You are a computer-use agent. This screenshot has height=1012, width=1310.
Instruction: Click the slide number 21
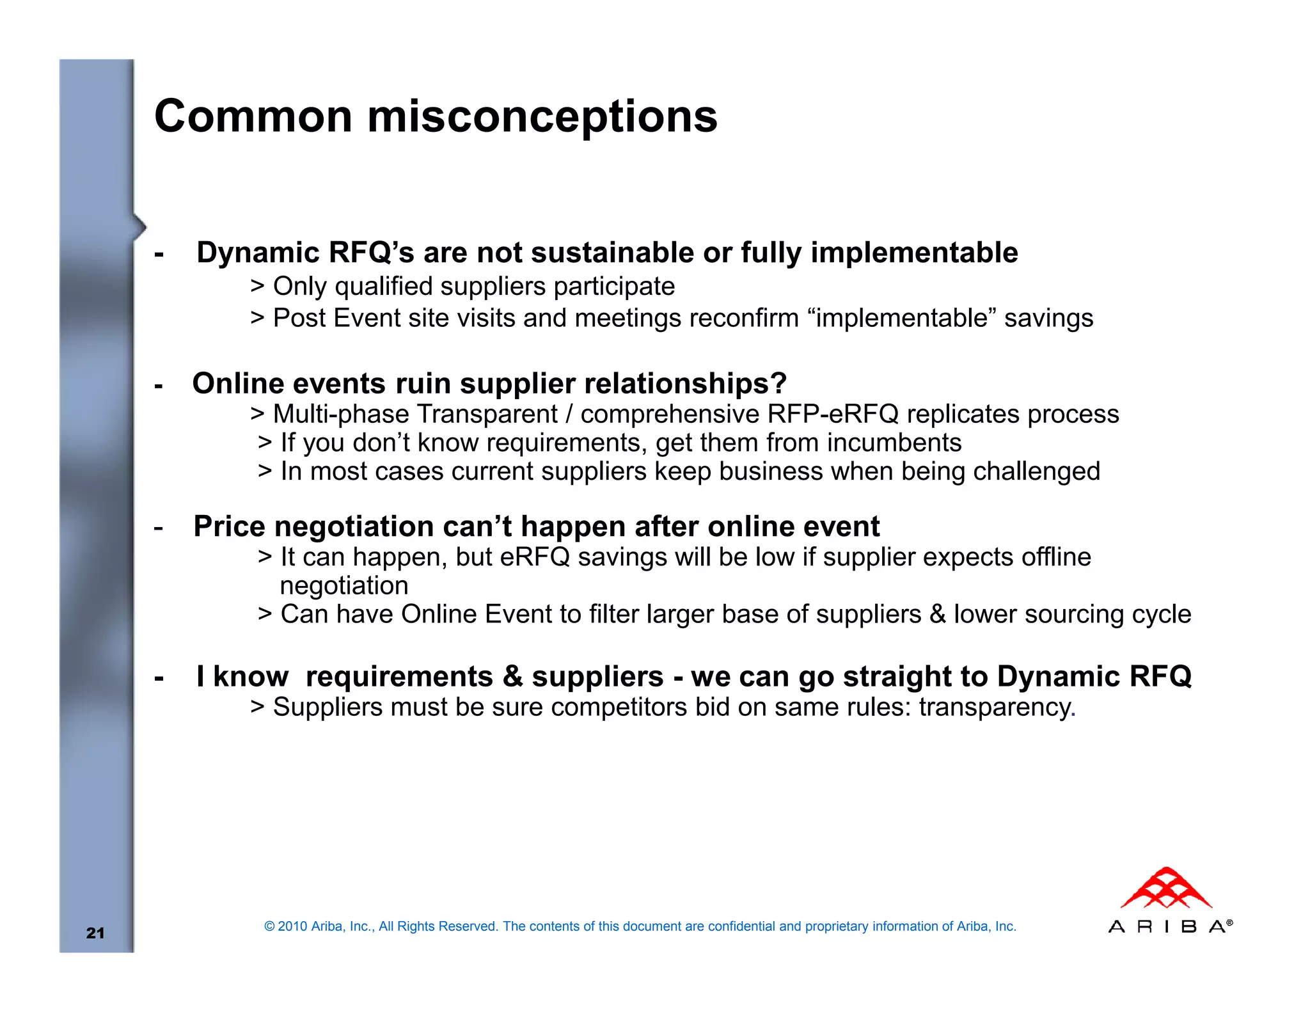95,933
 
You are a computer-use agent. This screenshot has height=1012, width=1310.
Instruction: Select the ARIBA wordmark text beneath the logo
1168,927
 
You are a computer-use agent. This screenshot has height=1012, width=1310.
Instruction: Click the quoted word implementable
902,318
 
